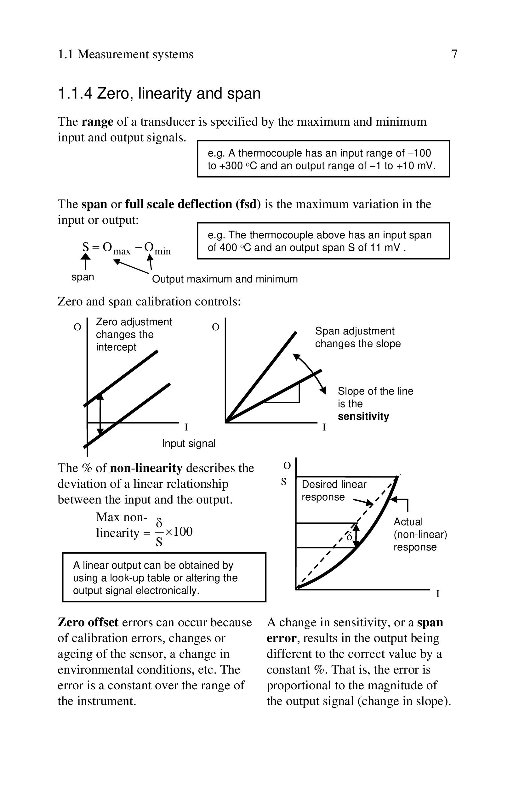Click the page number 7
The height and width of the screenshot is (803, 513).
tap(454, 54)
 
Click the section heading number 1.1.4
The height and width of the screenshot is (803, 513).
tap(75, 94)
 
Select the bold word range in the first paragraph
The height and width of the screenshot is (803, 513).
tap(97, 122)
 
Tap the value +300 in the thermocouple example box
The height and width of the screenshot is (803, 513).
tap(231, 166)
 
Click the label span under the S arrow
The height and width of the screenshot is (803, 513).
tap(83, 277)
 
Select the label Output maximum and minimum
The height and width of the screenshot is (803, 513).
tap(225, 279)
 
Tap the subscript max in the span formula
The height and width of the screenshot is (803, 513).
tap(122, 251)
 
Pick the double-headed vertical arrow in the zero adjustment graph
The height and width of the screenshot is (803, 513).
tap(100, 414)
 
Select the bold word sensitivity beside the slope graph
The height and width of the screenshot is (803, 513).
tap(363, 417)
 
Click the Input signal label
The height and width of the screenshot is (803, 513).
tap(189, 443)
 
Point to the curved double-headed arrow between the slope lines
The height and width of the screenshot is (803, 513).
tap(310, 373)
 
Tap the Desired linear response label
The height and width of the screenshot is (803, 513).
tap(333, 491)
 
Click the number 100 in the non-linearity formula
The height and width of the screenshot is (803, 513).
tap(183, 532)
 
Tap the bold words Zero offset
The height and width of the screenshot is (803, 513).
tap(88, 622)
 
